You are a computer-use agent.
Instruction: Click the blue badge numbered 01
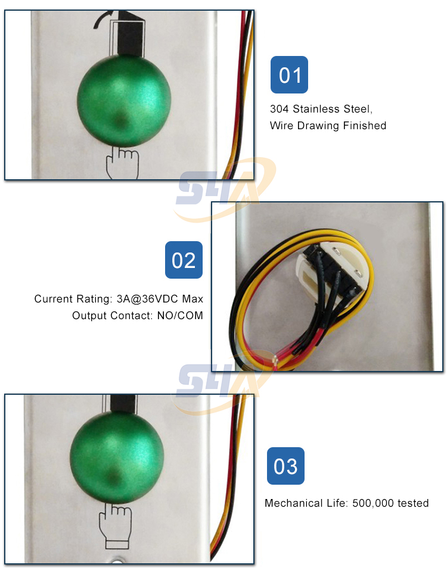click(x=289, y=75)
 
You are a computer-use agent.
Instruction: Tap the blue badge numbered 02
click(x=184, y=260)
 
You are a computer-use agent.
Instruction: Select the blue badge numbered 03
click(x=285, y=466)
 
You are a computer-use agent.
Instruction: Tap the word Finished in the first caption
click(x=364, y=126)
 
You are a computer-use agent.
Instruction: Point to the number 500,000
click(x=374, y=503)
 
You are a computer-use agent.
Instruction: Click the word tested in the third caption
click(x=414, y=503)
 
